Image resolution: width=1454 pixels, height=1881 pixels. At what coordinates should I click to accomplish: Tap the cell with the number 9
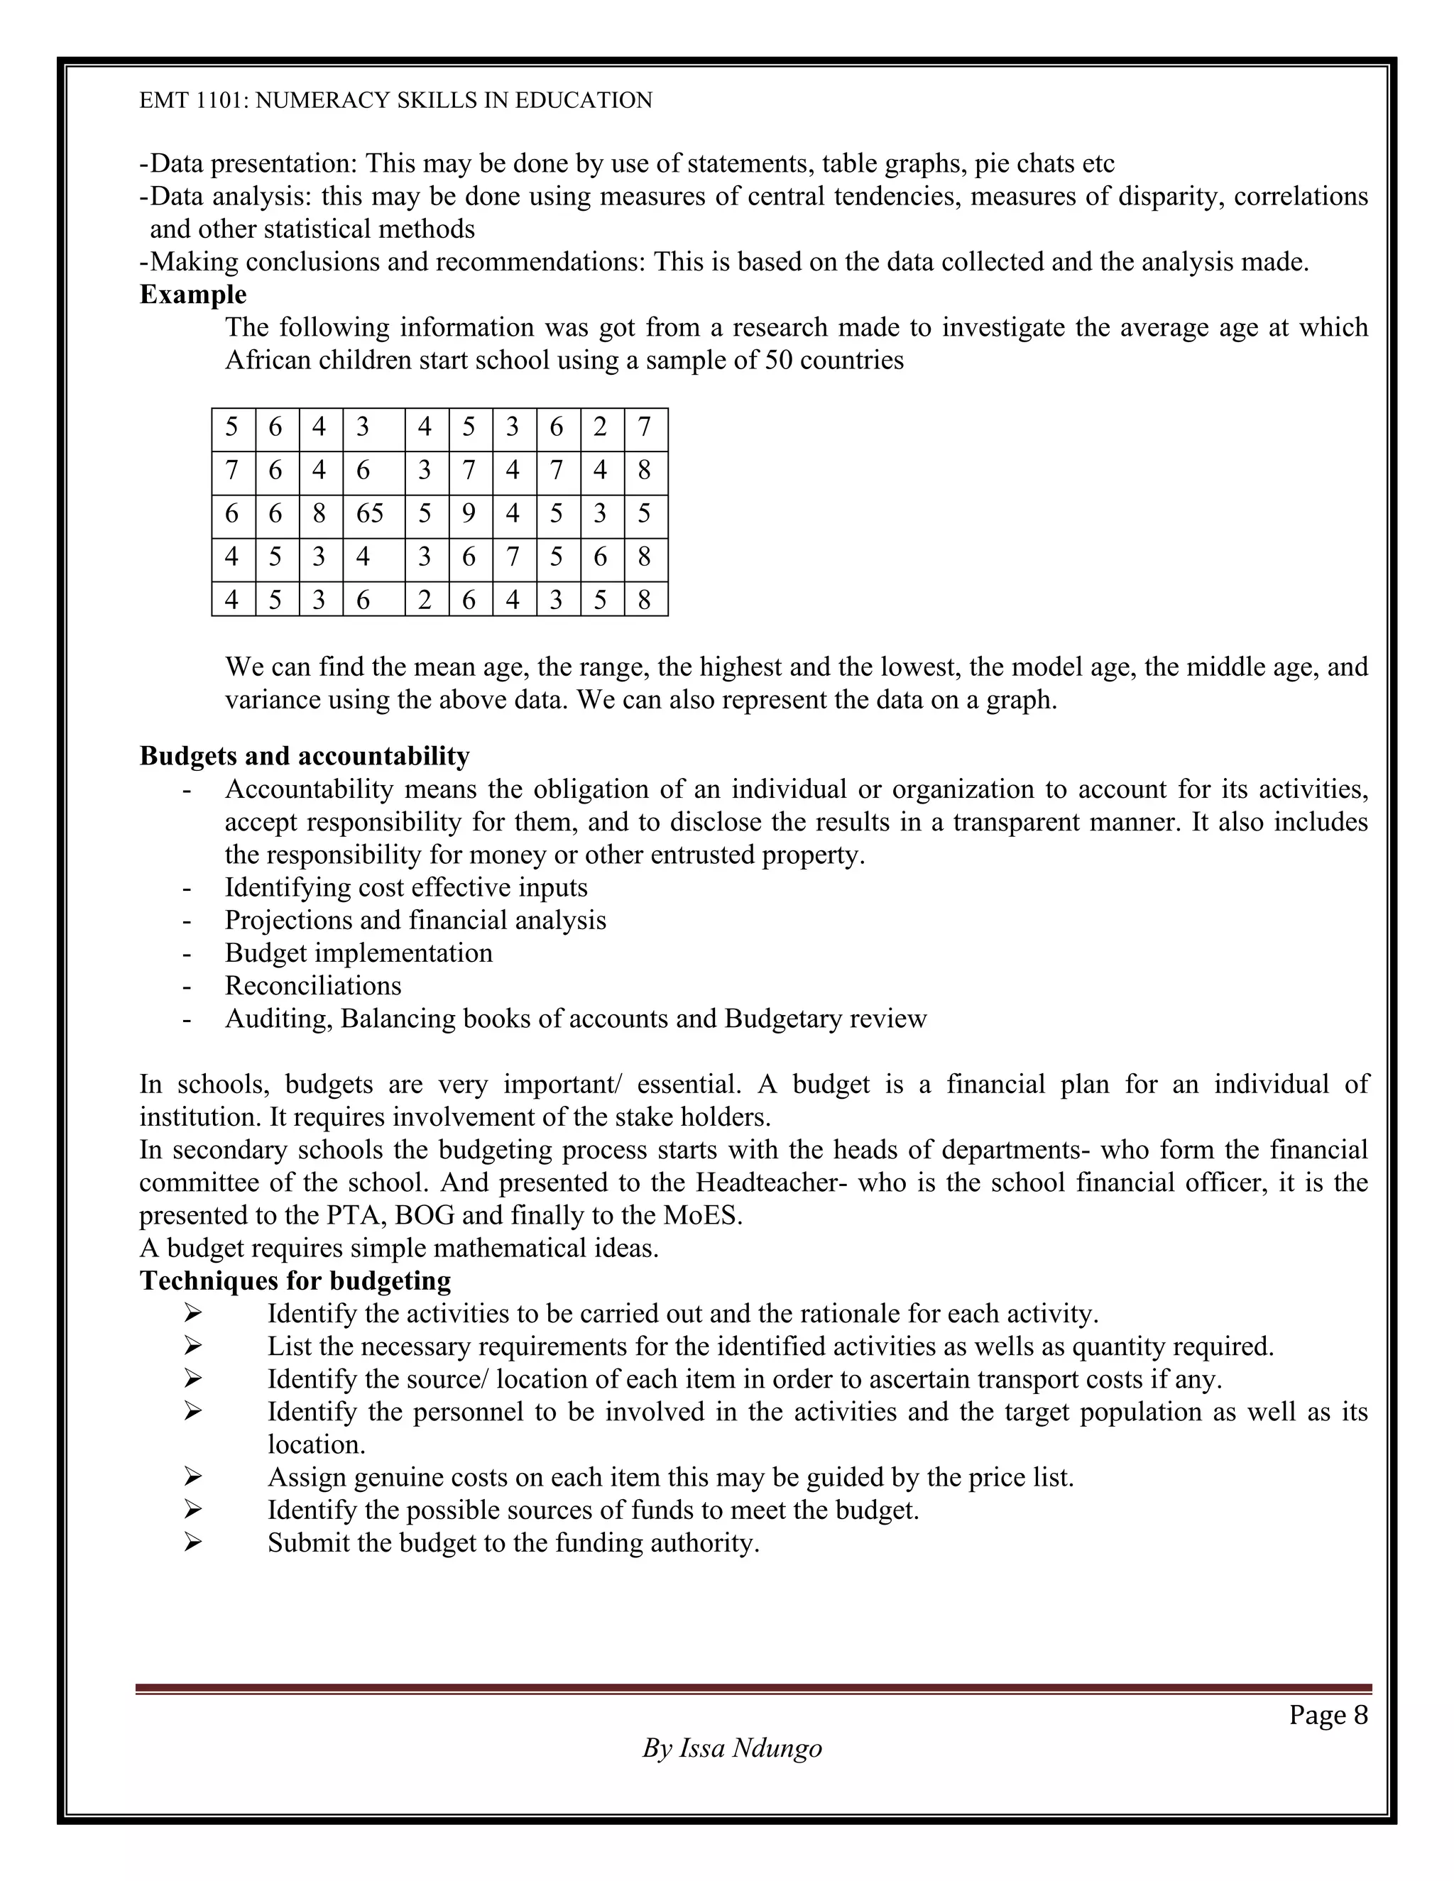coord(469,514)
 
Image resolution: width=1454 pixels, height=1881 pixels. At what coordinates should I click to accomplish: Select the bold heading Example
coord(193,295)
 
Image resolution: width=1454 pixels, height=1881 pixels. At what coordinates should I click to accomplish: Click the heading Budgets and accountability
coord(304,756)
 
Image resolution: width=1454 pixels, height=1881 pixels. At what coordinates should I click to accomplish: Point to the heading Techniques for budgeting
coord(295,1280)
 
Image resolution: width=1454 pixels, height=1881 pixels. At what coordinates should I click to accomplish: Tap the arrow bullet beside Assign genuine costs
coord(192,1477)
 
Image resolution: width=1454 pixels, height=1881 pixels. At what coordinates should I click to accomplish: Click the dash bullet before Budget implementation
coord(186,953)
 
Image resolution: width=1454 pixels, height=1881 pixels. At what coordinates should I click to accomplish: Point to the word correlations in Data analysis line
coord(1301,197)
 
